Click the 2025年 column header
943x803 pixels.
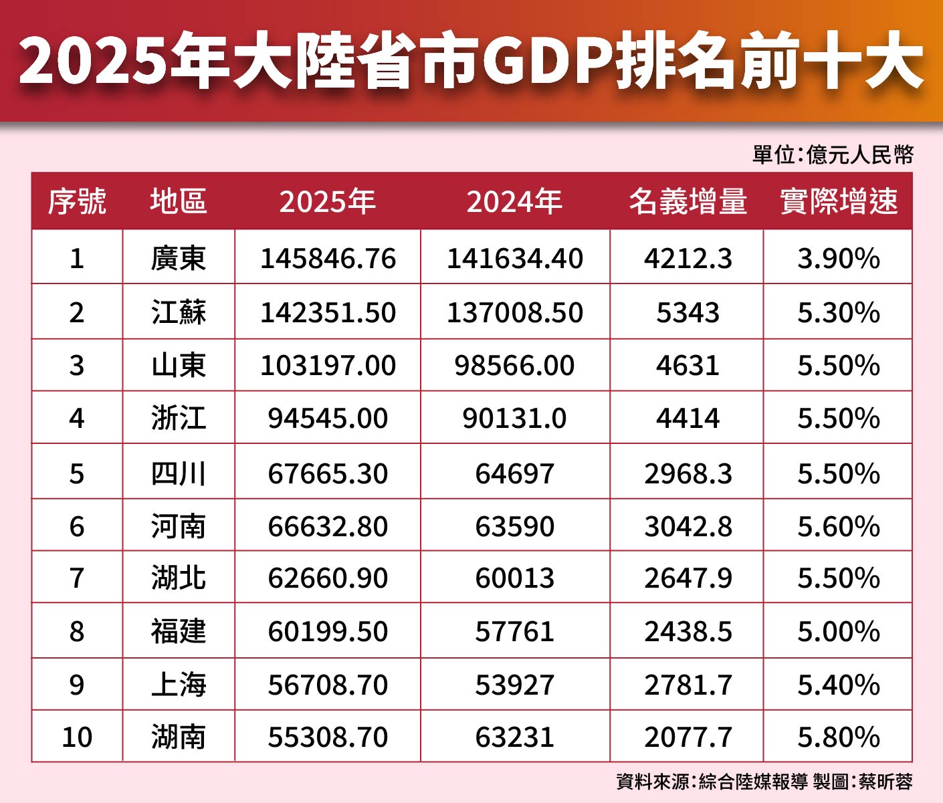[327, 201]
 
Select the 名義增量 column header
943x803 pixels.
[688, 201]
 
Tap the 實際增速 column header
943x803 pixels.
[839, 201]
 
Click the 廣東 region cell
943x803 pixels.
[178, 259]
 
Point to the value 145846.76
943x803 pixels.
[328, 259]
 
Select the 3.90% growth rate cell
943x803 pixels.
[839, 259]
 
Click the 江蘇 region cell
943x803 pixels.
[178, 312]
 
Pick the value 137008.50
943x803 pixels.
[515, 312]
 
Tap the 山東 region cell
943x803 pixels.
[178, 366]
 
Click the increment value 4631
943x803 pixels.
[688, 366]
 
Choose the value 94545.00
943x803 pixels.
[328, 419]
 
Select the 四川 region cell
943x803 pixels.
[178, 473]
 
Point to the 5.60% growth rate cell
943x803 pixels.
[839, 527]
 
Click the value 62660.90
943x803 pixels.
[328, 578]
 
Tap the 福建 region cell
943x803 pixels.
[178, 632]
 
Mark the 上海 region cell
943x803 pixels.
[178, 685]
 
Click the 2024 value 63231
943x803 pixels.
[515, 737]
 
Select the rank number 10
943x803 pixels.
[77, 737]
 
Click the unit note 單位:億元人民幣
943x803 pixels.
[833, 155]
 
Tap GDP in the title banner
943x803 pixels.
[547, 62]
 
